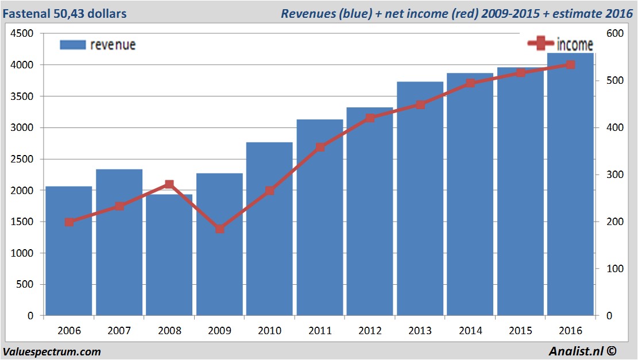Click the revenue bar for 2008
(x=169, y=256)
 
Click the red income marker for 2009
(x=219, y=229)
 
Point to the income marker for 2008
(x=169, y=184)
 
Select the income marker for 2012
(x=370, y=118)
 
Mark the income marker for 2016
(x=570, y=65)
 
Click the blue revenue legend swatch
(x=72, y=45)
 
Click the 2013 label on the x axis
(x=420, y=331)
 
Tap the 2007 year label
(x=119, y=331)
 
